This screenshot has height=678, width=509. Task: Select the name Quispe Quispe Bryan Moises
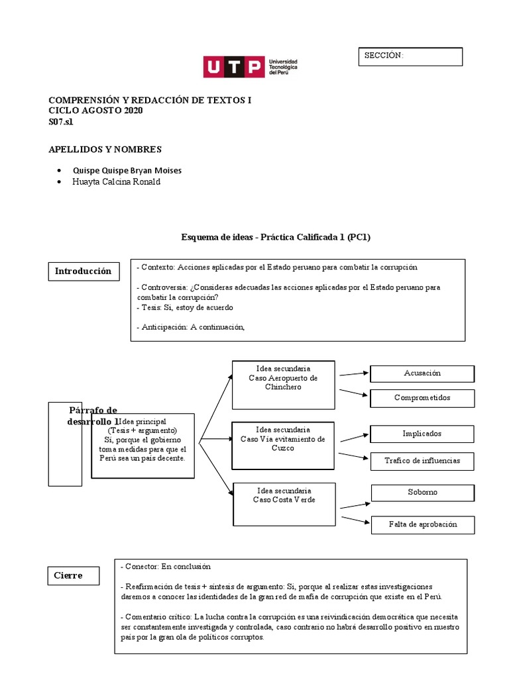(x=127, y=170)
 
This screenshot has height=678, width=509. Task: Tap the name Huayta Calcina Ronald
(x=116, y=182)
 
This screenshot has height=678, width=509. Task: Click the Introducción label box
(x=83, y=271)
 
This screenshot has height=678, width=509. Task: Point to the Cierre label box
(x=74, y=575)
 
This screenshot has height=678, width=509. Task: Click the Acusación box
(x=422, y=373)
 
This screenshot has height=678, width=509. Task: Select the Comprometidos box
(x=422, y=398)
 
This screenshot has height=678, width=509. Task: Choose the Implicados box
(x=422, y=434)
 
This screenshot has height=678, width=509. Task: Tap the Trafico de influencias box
(x=422, y=460)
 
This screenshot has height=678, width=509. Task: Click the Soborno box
(x=422, y=493)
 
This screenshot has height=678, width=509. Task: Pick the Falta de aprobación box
(x=422, y=524)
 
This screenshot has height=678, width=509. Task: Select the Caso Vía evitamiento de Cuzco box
(x=283, y=444)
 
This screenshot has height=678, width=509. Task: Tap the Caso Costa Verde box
(x=283, y=506)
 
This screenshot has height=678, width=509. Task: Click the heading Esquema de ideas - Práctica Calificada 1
(x=280, y=236)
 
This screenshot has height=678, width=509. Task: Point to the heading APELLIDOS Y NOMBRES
(x=105, y=150)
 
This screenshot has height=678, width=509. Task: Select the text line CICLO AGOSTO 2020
(x=95, y=111)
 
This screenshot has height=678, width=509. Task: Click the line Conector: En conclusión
(x=165, y=566)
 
